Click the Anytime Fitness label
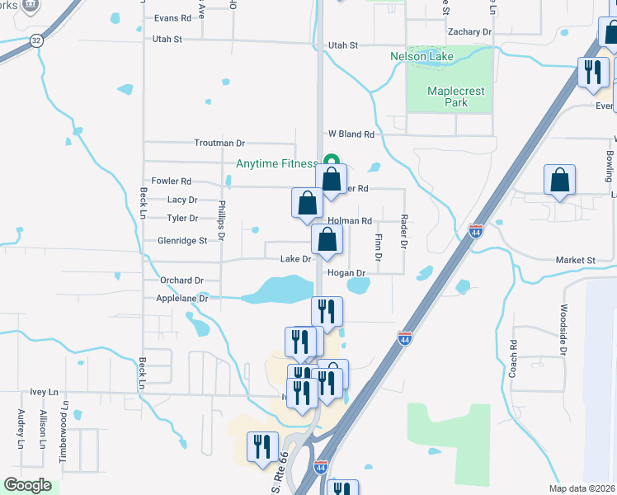(276, 163)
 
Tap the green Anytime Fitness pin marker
(331, 161)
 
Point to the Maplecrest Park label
(447, 97)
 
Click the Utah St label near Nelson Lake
(343, 45)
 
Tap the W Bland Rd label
(351, 134)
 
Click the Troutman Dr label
(220, 143)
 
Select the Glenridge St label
(181, 241)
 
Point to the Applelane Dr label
(182, 299)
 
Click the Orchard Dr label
(181, 280)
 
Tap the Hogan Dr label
(346, 273)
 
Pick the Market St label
(575, 261)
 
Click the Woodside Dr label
(563, 329)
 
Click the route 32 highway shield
(35, 40)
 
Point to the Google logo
(27, 485)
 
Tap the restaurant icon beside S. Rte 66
(261, 449)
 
